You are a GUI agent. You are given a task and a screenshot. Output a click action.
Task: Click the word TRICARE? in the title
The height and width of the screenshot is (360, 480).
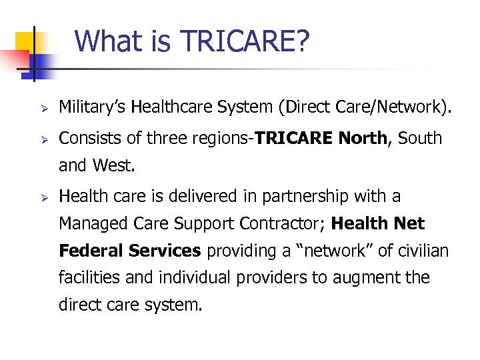point(245,41)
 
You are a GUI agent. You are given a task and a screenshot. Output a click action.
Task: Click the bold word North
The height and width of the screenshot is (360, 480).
point(362,139)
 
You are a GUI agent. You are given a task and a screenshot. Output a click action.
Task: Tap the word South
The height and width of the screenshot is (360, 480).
point(420,139)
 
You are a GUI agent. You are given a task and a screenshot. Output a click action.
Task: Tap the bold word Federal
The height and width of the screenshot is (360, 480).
point(91,251)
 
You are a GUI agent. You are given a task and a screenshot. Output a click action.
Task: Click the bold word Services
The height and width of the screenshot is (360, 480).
point(165,251)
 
